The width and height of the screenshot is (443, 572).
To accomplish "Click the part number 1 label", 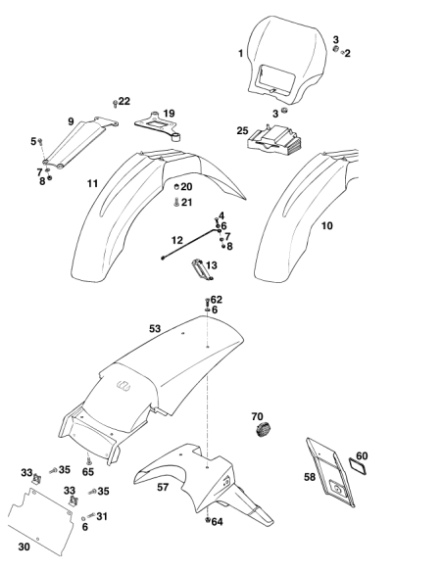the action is coord(240,53).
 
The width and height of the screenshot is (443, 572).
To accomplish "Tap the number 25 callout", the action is coord(242,130).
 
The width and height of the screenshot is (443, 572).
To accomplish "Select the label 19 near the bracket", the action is coord(169,114).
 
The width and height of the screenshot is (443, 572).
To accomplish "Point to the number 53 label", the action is coord(155,329).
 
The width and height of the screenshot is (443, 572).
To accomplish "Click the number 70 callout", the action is coord(257,416).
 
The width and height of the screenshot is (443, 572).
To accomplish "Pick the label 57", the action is coord(163,487).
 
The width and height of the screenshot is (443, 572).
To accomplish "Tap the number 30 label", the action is coord(24,547).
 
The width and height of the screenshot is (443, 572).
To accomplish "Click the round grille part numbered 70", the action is coord(263,430).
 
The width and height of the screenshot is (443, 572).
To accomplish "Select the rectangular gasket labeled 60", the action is coord(358,465).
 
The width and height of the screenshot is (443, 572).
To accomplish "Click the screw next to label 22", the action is coord(116,104).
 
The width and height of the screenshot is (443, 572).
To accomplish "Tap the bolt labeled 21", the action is coord(176,202).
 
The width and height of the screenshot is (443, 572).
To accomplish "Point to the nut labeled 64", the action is coord(207,520).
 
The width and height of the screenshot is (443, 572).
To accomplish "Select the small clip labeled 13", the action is coord(203,269).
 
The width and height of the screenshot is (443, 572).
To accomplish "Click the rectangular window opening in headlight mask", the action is coord(275,78).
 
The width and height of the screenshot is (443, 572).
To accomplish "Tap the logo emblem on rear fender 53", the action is coord(123,385).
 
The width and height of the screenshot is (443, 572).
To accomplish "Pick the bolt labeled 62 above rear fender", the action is coord(207,302).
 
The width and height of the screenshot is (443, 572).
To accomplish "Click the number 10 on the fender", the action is coord(327,226).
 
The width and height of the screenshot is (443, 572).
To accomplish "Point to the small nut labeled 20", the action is coord(176,187).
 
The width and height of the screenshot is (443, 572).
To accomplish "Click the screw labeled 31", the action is coord(91,515).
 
